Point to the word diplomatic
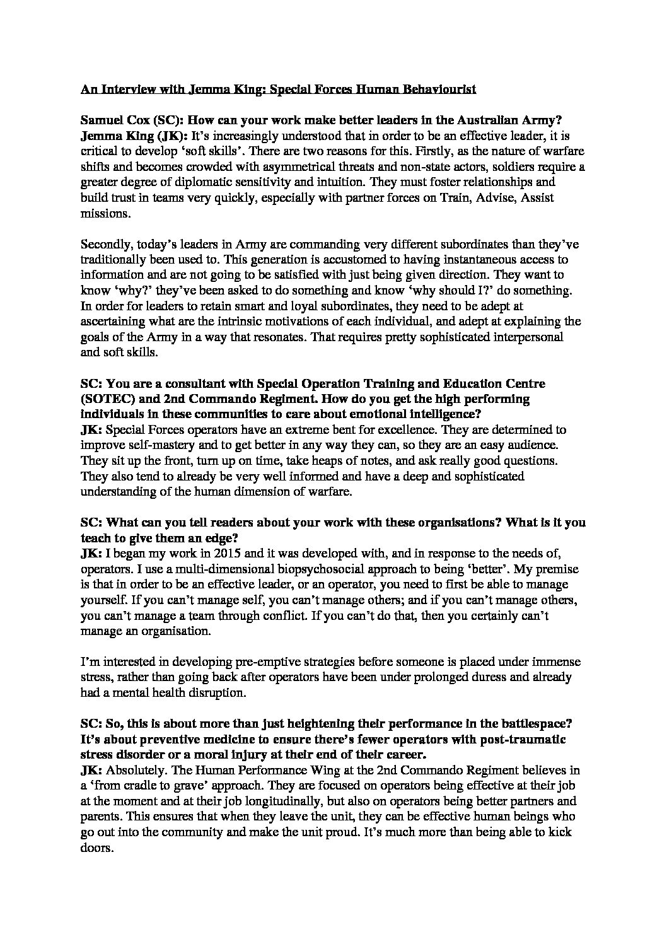[194, 182]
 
